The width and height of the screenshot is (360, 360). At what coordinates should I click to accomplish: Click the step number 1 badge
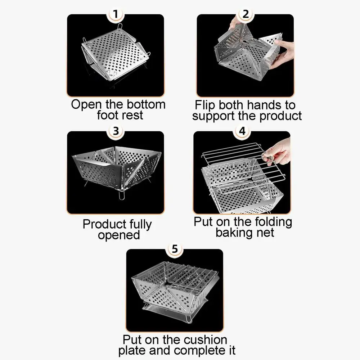116,14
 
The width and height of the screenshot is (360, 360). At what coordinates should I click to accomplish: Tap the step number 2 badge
246,14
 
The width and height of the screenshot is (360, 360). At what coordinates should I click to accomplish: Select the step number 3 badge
116,131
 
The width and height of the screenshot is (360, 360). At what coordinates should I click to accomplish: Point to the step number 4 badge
242,131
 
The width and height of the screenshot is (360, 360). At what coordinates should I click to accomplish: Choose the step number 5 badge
175,249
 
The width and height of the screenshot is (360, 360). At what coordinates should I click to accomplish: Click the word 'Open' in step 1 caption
86,104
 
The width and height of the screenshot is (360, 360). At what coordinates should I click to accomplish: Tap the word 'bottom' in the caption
146,104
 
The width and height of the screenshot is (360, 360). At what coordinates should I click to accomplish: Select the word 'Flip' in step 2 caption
205,105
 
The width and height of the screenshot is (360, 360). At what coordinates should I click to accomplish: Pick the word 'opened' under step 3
119,235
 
